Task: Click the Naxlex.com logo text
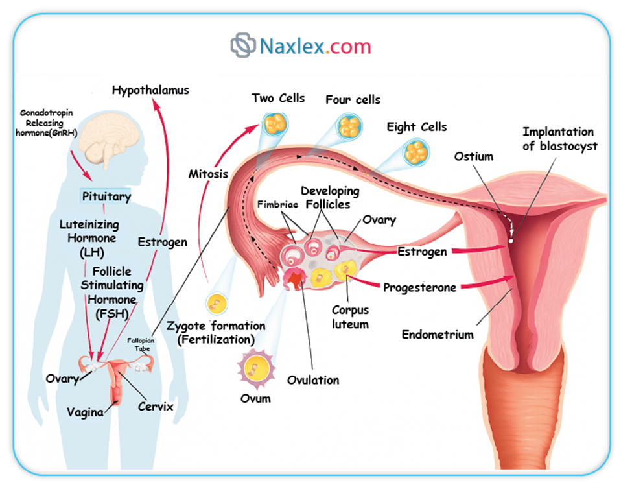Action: tap(316, 46)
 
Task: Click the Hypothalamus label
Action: tap(150, 90)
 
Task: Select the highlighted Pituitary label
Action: tap(106, 196)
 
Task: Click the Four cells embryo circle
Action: tap(351, 125)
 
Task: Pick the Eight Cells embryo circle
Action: tap(415, 152)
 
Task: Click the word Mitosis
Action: tap(210, 174)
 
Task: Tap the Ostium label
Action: tap(473, 156)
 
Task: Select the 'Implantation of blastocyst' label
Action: tap(559, 139)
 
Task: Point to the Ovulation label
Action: tap(313, 380)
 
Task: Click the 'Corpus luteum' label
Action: tap(350, 317)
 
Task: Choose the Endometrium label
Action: tap(438, 335)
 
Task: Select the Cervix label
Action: tap(156, 407)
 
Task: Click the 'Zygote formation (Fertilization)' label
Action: tap(216, 332)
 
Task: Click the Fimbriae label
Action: tap(277, 204)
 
